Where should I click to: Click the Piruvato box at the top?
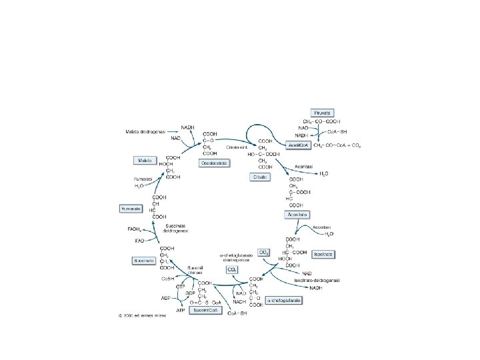click(325, 112)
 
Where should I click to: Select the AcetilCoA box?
click(297, 144)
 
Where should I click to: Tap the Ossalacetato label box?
click(214, 163)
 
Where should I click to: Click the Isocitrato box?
click(323, 254)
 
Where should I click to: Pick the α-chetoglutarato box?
click(284, 301)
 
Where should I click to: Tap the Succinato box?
click(145, 259)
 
